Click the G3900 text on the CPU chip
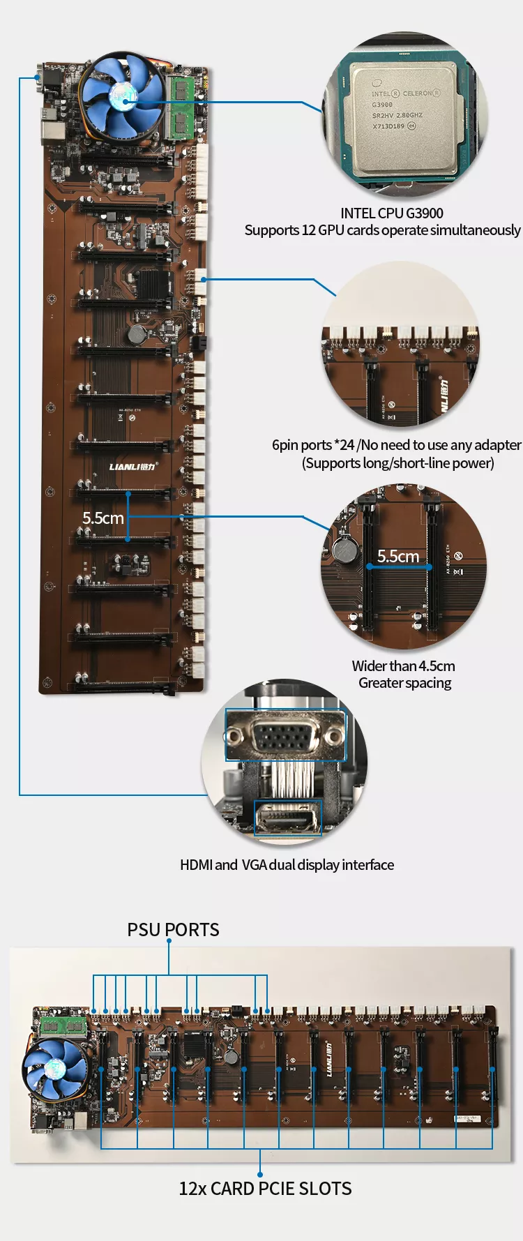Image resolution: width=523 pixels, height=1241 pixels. coord(382,105)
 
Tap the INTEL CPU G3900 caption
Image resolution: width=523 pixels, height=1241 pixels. coord(391,213)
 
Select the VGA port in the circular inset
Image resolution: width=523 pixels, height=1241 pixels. coord(285,736)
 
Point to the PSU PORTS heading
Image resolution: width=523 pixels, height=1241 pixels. coord(173,930)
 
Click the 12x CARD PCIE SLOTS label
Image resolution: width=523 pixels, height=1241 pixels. coord(265,1189)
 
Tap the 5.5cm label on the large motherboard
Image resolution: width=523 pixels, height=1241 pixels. coord(103,518)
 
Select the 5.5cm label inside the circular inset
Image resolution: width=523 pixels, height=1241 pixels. coord(398,556)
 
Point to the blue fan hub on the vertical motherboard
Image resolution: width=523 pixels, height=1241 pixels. coord(123,93)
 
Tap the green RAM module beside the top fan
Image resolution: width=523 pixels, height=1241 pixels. coord(182,106)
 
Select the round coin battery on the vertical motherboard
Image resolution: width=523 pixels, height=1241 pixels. coord(136,335)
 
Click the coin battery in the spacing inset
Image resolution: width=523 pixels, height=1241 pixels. coord(344,550)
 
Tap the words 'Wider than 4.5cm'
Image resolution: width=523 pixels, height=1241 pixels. coord(403,666)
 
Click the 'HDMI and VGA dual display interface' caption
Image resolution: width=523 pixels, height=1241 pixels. coord(287,865)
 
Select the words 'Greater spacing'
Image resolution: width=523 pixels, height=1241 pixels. coord(404,683)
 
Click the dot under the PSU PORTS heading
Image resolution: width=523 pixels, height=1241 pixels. coord(169,941)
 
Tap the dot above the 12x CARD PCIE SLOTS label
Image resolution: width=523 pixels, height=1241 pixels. coord(260,1173)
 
